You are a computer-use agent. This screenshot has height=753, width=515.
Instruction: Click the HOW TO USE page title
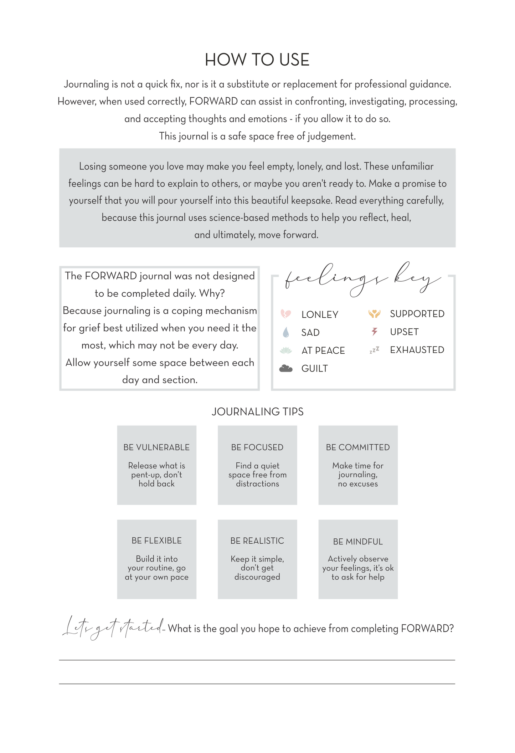coord(257,60)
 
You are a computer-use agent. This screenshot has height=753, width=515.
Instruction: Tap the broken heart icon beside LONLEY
coord(286,314)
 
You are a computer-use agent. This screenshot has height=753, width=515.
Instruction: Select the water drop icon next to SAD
coord(285,332)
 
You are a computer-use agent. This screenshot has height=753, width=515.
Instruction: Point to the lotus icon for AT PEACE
coord(286,350)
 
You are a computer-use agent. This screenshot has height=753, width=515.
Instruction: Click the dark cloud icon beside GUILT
coord(286,368)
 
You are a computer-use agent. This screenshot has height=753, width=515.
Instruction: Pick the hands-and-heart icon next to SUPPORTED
coord(374,314)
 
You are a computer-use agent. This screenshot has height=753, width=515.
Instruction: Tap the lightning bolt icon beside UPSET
coord(374,332)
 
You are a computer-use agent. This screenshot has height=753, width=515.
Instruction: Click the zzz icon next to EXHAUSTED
coord(374,350)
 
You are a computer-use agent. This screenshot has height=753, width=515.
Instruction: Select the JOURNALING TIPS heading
coord(257,412)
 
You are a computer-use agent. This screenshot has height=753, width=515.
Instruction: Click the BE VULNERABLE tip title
coord(156,447)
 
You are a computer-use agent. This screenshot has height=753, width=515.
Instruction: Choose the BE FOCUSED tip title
coord(257,447)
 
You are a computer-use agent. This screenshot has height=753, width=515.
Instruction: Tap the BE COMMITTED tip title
coord(358,447)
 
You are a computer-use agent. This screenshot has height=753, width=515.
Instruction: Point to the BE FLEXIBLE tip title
coord(156,541)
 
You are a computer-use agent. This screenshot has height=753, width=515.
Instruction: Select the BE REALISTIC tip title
coord(257,541)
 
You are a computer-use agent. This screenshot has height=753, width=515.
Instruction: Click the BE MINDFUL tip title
coord(358,542)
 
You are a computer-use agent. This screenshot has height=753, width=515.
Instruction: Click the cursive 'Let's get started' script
coord(113,628)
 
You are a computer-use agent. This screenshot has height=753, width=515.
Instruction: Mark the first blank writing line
coord(257,660)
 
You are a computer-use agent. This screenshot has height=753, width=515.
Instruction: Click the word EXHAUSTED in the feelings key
coord(417,350)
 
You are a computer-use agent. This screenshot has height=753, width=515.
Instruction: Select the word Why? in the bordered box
coord(212,293)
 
